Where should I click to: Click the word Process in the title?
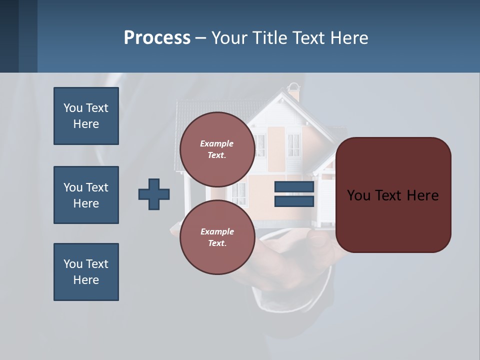click(x=157, y=37)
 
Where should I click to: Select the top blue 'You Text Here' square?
click(x=86, y=116)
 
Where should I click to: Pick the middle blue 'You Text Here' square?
click(x=86, y=195)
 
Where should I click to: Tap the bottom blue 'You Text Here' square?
click(x=86, y=272)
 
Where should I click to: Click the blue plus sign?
click(x=154, y=194)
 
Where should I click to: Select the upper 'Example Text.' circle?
click(x=217, y=149)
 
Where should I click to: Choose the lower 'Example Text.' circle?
click(x=217, y=237)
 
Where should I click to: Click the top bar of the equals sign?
click(x=294, y=186)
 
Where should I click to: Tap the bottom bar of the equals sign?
click(x=294, y=201)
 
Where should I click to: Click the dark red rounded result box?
click(x=393, y=195)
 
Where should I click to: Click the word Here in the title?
click(x=349, y=37)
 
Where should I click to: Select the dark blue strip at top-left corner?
click(x=18, y=36)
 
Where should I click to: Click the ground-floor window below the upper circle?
click(x=239, y=193)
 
